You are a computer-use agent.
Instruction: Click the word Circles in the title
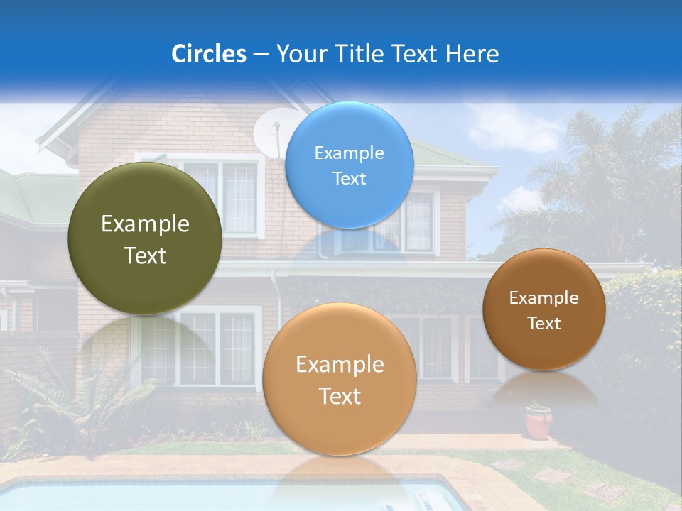click(x=208, y=54)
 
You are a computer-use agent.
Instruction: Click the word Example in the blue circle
click(x=349, y=153)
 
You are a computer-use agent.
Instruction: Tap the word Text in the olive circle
click(x=145, y=255)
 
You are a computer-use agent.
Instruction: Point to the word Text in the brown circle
click(x=544, y=324)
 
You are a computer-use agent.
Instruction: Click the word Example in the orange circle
click(x=340, y=365)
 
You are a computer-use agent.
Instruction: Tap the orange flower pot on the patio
click(x=538, y=422)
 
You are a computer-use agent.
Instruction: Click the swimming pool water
click(x=142, y=497)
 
